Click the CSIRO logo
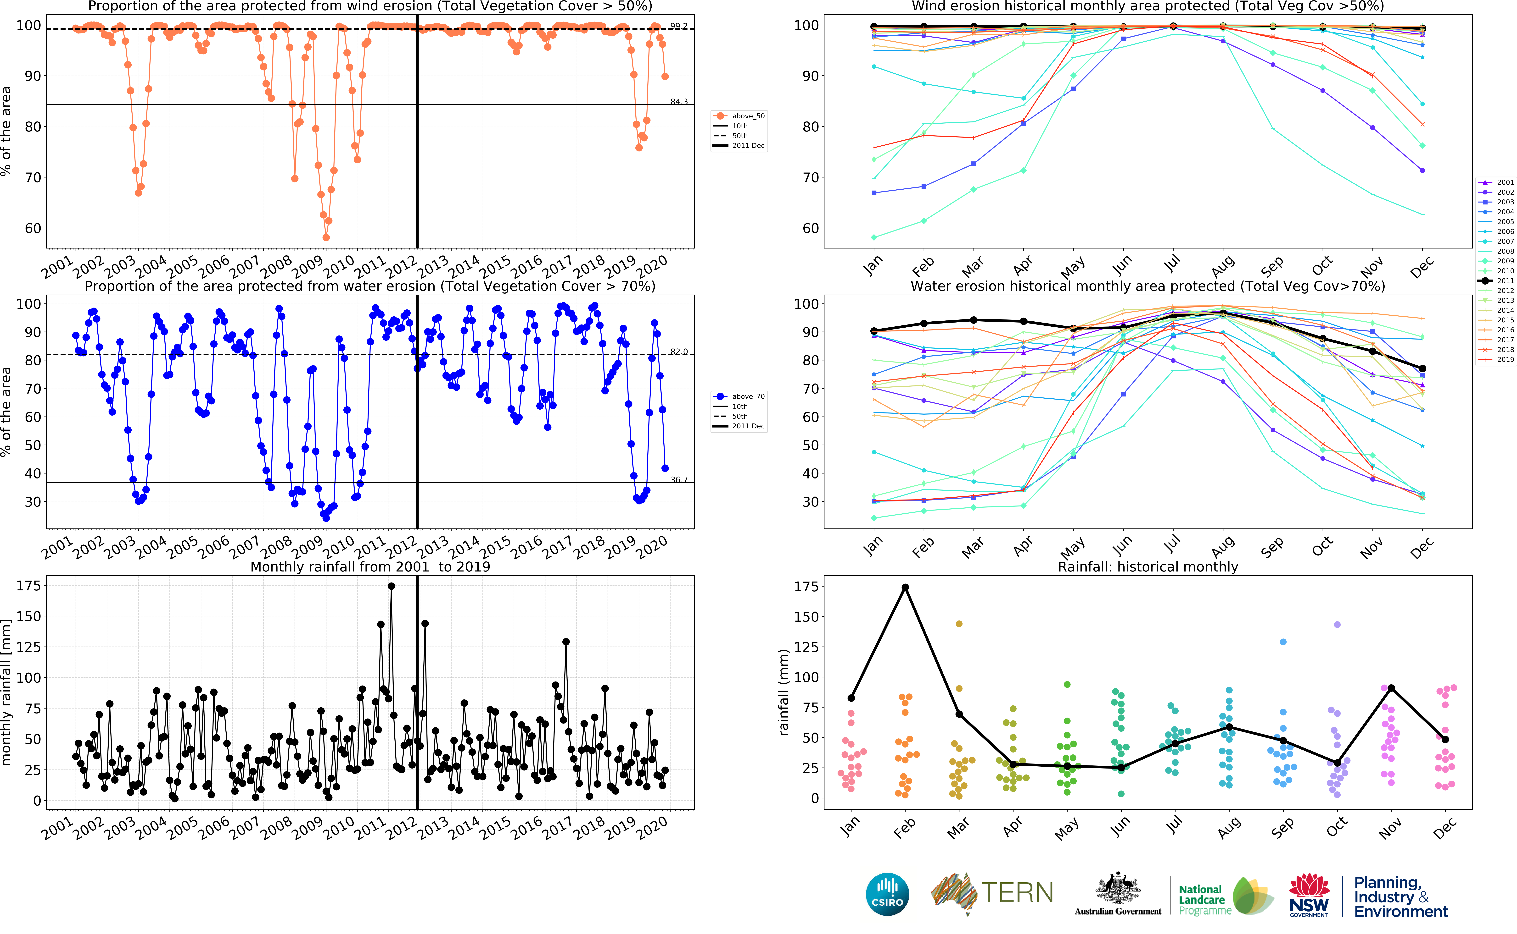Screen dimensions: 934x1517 point(887,894)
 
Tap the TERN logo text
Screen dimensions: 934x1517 point(1017,893)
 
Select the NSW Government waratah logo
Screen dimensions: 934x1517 point(1309,894)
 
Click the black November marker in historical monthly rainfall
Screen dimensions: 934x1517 point(1391,688)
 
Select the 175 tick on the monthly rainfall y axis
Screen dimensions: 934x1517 point(28,586)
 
